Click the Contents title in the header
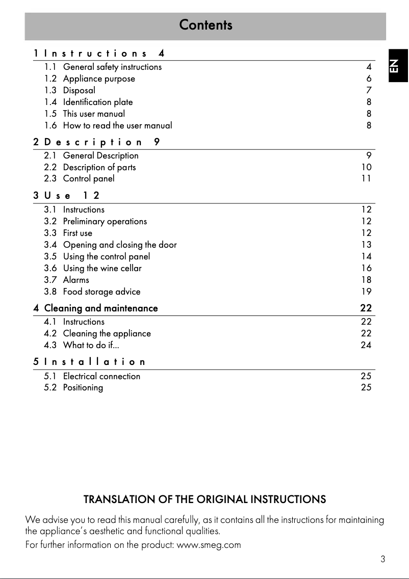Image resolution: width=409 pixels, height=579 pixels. click(206, 25)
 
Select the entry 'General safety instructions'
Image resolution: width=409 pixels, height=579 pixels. click(112, 67)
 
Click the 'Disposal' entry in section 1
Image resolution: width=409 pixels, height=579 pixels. click(79, 90)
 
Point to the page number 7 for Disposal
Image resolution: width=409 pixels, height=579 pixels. click(369, 90)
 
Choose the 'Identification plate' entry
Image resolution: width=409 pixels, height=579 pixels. click(98, 102)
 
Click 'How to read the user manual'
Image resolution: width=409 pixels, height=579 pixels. click(117, 125)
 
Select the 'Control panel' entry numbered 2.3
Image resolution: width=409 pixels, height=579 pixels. click(89, 178)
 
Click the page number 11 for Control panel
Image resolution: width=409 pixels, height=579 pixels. click(366, 178)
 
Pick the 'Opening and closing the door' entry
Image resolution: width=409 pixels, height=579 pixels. click(120, 245)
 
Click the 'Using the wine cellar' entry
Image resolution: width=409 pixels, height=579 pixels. click(103, 268)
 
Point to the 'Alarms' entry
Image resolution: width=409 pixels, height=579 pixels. click(76, 280)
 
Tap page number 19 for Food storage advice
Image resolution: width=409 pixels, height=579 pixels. click(366, 292)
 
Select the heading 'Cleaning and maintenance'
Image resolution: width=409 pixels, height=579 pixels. click(101, 308)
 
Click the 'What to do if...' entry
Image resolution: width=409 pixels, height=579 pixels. click(91, 345)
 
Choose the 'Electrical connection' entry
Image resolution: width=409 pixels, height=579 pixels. click(101, 376)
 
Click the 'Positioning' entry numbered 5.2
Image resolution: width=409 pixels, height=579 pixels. click(83, 387)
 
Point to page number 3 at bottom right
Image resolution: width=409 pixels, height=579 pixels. click(382, 559)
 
